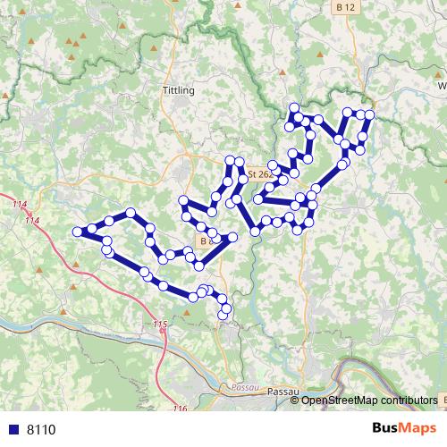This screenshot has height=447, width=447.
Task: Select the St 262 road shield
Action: click(x=257, y=174)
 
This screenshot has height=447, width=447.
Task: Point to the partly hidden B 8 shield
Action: click(x=207, y=241)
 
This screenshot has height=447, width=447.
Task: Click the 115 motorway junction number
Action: click(x=160, y=324)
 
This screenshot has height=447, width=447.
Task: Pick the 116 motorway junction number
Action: click(x=181, y=409)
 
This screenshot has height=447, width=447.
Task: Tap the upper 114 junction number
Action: click(x=20, y=206)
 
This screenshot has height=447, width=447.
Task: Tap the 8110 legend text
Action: click(x=41, y=429)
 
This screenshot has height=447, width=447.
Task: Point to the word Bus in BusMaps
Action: click(x=388, y=428)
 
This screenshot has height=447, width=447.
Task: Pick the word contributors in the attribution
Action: click(x=409, y=400)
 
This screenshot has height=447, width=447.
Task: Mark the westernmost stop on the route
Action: click(x=77, y=232)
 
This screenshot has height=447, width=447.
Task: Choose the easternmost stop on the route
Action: click(x=369, y=114)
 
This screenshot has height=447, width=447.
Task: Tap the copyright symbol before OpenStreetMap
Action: click(x=295, y=400)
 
